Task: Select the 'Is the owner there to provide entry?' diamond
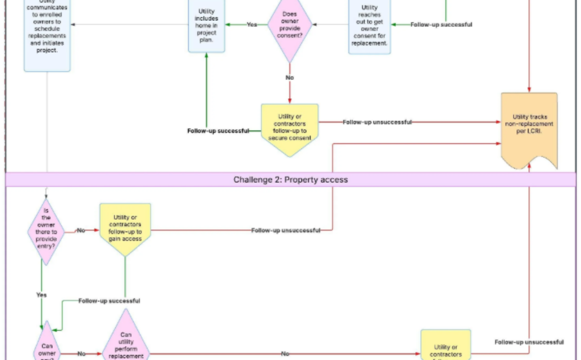click(x=46, y=231)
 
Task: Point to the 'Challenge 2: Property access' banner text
click(x=290, y=180)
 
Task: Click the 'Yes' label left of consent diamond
click(x=252, y=24)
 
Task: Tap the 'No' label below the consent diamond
click(x=290, y=77)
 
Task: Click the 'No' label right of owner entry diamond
click(x=81, y=230)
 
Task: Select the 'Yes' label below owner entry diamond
click(x=41, y=295)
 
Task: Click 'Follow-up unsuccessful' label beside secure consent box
click(x=377, y=122)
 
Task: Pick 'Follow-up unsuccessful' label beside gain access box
click(x=286, y=230)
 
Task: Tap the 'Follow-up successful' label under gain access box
click(x=109, y=301)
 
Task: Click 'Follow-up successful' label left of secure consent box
click(x=218, y=131)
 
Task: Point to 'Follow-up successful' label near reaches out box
click(x=441, y=24)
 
